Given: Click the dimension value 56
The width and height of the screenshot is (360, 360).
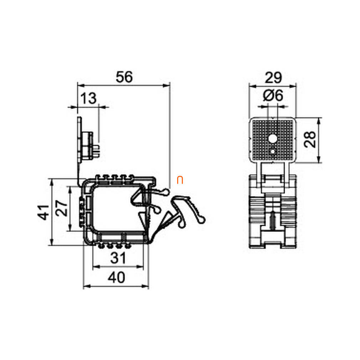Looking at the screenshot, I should [x=124, y=77].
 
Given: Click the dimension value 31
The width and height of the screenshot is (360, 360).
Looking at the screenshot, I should [x=118, y=258].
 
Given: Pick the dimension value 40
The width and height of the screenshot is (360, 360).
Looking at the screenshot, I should [x=116, y=277].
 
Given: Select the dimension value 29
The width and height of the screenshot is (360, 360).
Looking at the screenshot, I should [x=273, y=77].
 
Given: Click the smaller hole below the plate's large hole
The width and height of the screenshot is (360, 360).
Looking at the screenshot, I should [x=273, y=151].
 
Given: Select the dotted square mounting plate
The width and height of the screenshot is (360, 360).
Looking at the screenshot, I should [x=273, y=139].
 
